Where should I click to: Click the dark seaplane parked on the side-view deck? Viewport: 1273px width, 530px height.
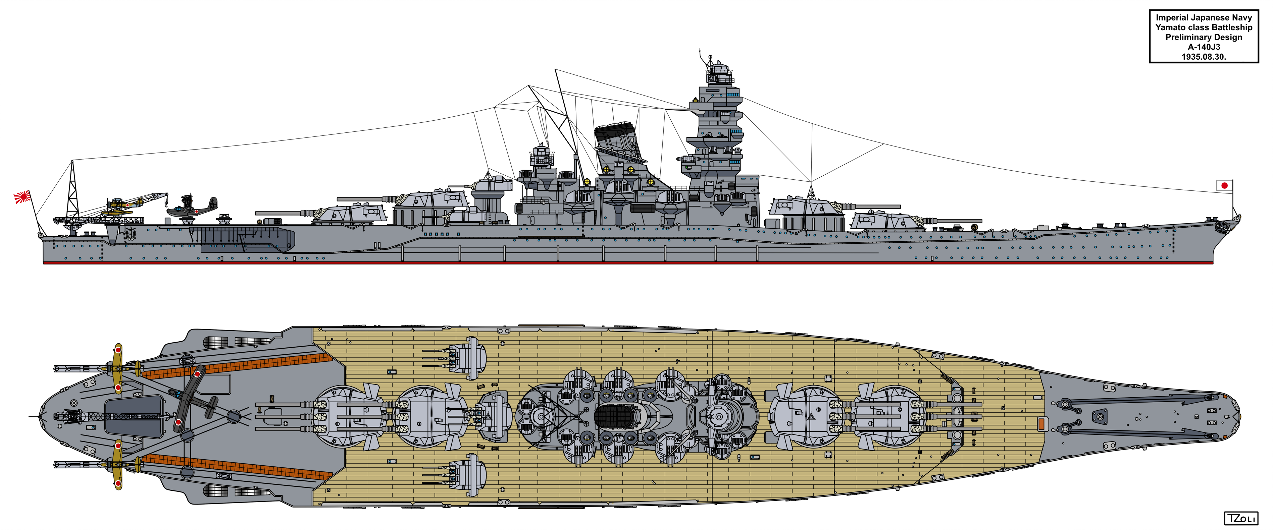click(192, 208)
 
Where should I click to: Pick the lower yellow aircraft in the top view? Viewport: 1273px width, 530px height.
click(118, 464)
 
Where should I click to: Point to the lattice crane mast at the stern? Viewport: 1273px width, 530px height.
click(73, 190)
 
